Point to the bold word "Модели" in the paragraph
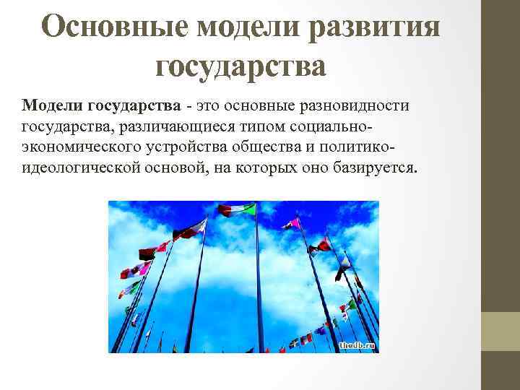[52, 106]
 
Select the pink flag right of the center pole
[292, 223]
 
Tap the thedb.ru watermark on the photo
[357, 346]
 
